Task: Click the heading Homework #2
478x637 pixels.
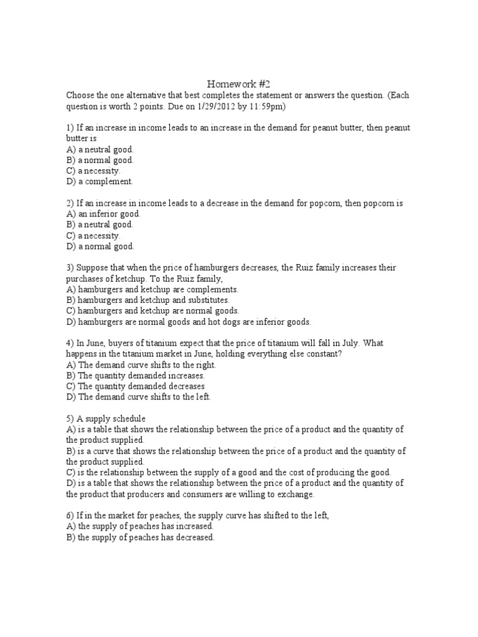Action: coord(239,83)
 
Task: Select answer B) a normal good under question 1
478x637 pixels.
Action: coord(100,160)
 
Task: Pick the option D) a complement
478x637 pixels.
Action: coord(100,182)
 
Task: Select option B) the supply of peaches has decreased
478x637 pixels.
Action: coord(140,537)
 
